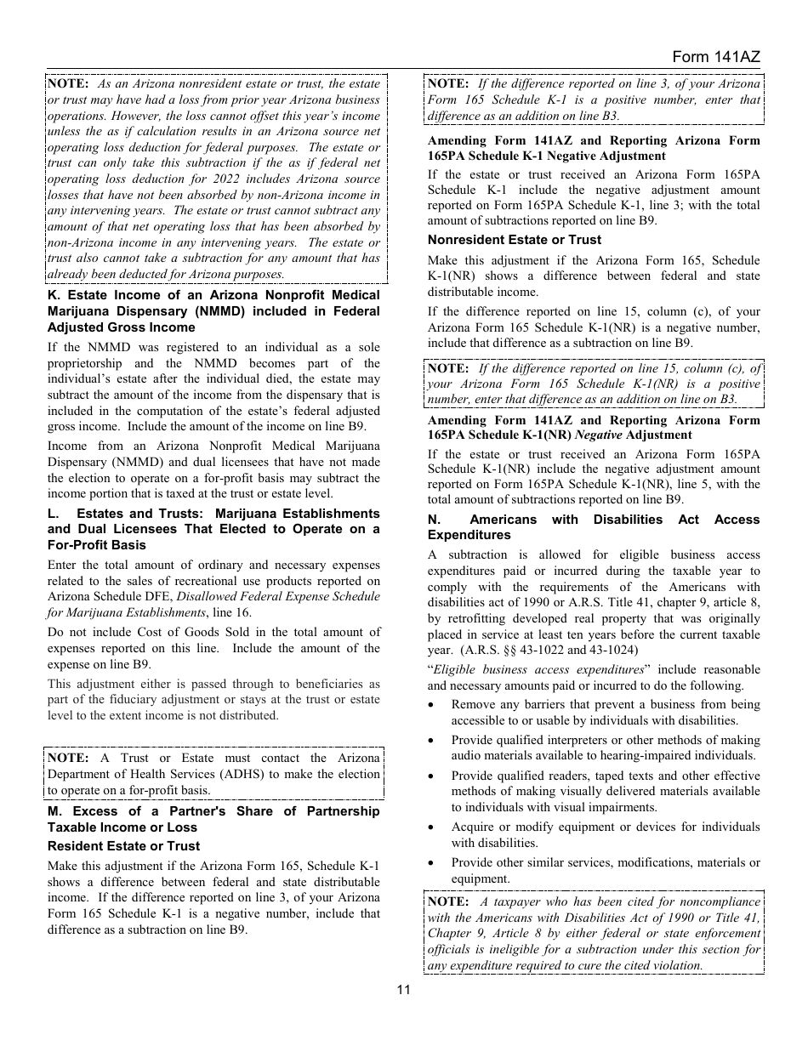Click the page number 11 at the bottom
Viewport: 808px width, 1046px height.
403,989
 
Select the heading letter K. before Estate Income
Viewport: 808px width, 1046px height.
53,295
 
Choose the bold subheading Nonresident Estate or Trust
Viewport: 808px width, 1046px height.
514,240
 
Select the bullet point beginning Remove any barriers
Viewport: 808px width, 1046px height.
605,712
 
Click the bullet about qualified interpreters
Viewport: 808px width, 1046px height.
605,748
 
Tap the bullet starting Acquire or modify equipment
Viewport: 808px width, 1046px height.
605,834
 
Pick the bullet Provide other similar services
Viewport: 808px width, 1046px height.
605,870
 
